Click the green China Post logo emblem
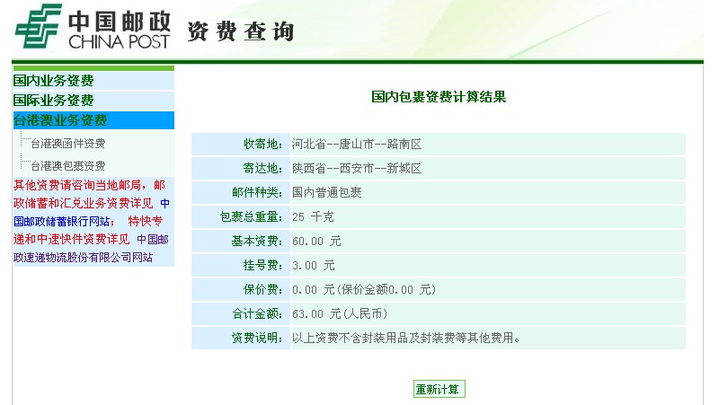coord(39,26)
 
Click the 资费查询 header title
coord(241,31)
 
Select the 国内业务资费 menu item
coord(53,81)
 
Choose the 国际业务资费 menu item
coord(53,101)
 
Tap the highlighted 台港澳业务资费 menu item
coord(60,120)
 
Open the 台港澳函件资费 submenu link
coord(68,144)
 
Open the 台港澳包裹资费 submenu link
coord(68,165)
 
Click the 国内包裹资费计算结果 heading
coord(439,97)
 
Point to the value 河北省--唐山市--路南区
coord(357,145)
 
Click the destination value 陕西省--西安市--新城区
coord(357,169)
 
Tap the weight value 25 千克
coord(313,216)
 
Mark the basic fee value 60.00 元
coord(317,241)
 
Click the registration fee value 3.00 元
coord(314,265)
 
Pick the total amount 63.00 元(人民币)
coord(340,313)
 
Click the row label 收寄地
coord(262,145)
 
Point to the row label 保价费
coord(262,289)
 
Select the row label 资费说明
coord(257,339)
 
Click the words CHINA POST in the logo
coord(119,41)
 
